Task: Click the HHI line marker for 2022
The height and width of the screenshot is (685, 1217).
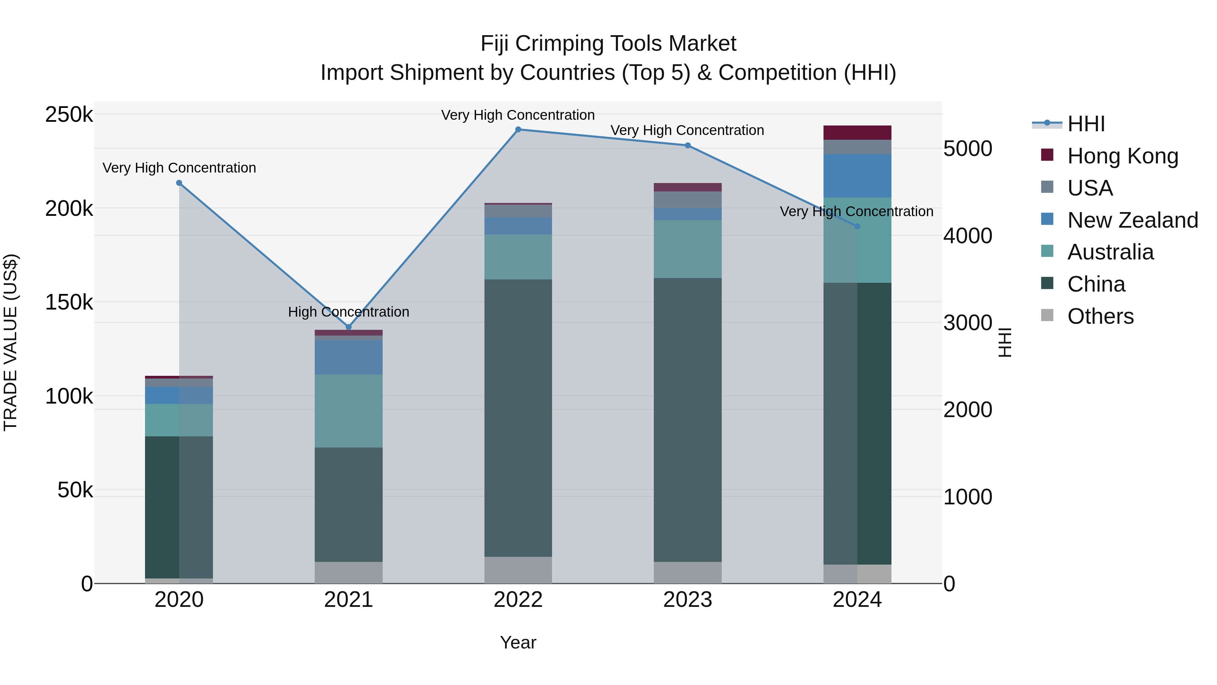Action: click(x=518, y=130)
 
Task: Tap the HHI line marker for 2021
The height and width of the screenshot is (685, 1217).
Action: click(x=349, y=327)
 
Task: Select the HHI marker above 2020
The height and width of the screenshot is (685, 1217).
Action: click(x=179, y=183)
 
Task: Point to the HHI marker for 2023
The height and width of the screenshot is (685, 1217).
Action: click(x=687, y=145)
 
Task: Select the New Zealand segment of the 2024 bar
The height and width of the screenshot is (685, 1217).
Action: click(x=857, y=176)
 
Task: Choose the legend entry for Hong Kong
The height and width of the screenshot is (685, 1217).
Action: click(x=1122, y=156)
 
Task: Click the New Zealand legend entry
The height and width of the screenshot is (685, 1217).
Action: click(x=1132, y=220)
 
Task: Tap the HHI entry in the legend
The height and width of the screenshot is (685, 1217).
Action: click(x=1085, y=124)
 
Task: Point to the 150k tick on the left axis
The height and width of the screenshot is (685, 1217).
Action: click(x=69, y=302)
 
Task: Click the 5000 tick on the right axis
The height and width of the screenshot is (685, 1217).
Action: click(x=968, y=149)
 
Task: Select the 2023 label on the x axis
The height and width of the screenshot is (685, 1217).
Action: click(x=687, y=600)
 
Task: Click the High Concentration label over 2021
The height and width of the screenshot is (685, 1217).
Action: click(x=349, y=312)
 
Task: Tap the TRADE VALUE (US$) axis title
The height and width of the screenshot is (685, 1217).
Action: click(x=10, y=342)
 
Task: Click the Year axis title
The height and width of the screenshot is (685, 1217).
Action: click(x=518, y=642)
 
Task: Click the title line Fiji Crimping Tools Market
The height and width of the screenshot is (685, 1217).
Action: click(x=608, y=44)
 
